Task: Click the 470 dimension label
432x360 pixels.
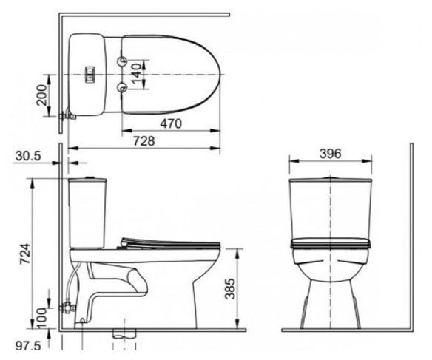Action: tap(170, 125)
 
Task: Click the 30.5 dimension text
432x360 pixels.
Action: tap(27, 157)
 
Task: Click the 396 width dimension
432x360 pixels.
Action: tap(329, 154)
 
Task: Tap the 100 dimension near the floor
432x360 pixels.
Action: tap(42, 316)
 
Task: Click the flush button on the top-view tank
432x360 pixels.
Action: tap(91, 73)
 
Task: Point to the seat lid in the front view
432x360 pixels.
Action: tap(330, 242)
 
